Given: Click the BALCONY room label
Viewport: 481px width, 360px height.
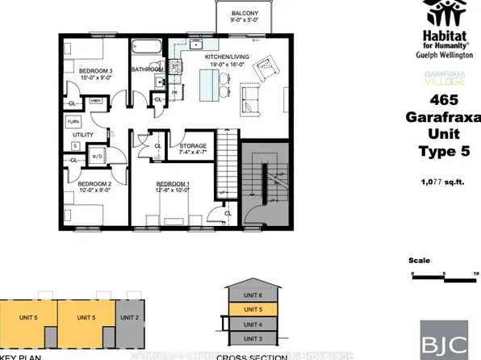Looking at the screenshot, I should (x=245, y=14).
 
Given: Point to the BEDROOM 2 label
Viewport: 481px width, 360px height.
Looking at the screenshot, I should (x=94, y=183).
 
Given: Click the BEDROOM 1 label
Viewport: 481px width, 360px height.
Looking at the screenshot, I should (x=173, y=184).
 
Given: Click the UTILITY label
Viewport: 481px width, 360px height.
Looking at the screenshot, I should (x=83, y=134).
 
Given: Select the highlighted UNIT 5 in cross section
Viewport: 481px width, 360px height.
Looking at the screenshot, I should (x=254, y=309).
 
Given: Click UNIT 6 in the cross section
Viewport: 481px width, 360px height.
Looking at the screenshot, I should (x=254, y=295).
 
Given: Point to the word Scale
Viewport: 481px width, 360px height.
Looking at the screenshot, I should (x=419, y=261).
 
